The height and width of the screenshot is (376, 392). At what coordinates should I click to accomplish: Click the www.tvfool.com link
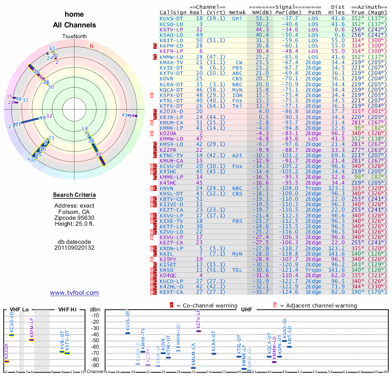[74, 293]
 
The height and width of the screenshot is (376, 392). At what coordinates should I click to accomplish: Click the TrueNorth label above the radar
[74, 37]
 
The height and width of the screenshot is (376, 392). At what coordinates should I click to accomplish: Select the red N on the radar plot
[91, 46]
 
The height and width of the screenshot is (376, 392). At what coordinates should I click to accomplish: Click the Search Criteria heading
[74, 195]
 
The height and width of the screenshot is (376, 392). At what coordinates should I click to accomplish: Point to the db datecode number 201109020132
[74, 248]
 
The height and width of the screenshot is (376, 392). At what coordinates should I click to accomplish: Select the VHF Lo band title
[20, 309]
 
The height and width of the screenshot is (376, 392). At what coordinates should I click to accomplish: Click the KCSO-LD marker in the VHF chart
[12, 335]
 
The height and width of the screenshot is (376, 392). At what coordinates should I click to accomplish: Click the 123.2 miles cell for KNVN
[338, 188]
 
